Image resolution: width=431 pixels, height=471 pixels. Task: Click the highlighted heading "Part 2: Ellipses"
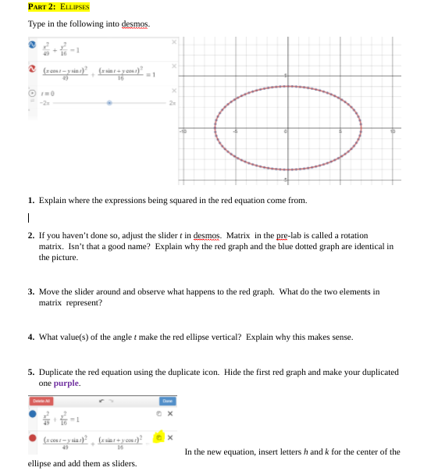click(58, 7)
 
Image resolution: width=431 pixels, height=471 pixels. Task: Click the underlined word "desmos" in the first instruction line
click(134, 23)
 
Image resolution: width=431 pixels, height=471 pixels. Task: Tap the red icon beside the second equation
click(34, 70)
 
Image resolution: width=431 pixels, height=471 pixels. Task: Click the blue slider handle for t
click(110, 102)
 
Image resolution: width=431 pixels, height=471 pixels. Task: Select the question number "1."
click(30, 201)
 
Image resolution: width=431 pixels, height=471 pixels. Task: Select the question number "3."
click(30, 291)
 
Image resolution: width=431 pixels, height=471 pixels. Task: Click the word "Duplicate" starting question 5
click(55, 373)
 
